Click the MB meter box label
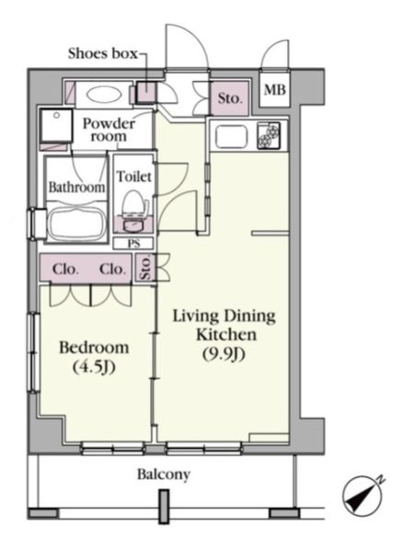tap(275, 90)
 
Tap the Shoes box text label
tap(103, 53)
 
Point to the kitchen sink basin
tap(231, 137)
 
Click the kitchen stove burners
tap(269, 135)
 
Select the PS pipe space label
tap(134, 243)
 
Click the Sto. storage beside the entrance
tap(229, 98)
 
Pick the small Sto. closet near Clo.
tap(145, 268)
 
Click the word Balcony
tap(164, 474)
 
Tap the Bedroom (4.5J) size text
tap(94, 367)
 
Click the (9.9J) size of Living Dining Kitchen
tap(224, 354)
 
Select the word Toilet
tap(134, 177)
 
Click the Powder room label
tap(109, 130)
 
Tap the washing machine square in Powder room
tap(56, 125)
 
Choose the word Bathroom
tap(76, 187)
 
